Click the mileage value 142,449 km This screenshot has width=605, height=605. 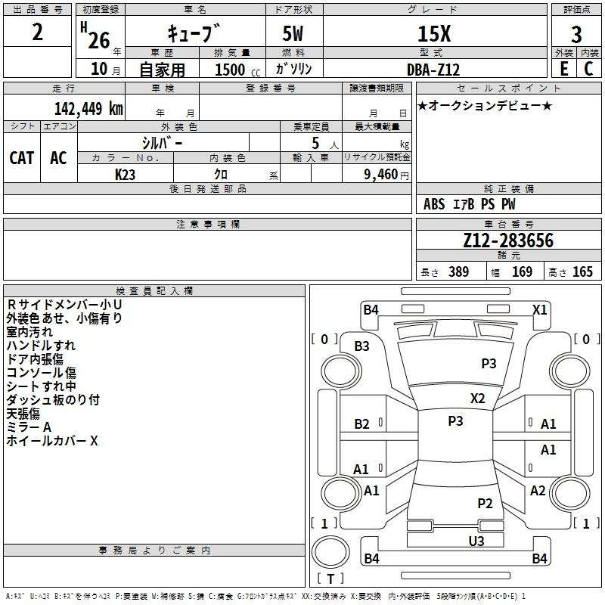click(88, 108)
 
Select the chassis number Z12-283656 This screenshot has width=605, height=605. click(508, 240)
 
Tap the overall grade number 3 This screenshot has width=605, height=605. click(576, 34)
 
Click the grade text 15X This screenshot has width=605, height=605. click(434, 33)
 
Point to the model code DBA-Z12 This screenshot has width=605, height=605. click(433, 70)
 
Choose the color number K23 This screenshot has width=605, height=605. click(125, 175)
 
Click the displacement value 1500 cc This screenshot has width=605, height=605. click(237, 70)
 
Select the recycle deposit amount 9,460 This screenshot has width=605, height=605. click(381, 175)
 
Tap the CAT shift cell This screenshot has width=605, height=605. click(22, 158)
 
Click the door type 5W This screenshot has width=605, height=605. click(293, 33)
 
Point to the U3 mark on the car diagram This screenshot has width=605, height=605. click(476, 541)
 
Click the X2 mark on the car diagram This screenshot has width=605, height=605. click(477, 398)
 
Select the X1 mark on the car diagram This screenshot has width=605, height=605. click(539, 309)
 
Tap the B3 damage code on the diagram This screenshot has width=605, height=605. click(361, 346)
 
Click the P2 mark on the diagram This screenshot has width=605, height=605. click(485, 503)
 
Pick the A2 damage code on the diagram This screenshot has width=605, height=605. click(538, 490)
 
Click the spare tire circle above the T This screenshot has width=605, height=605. click(330, 551)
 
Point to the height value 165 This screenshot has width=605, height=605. click(582, 271)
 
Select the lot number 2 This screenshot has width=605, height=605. click(37, 32)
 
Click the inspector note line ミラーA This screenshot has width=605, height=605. click(29, 427)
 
